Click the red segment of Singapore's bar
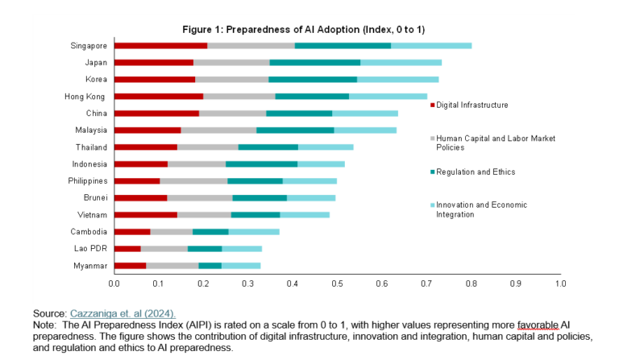160,45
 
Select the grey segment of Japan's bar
231,62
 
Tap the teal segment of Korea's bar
313,79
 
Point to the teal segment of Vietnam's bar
255,215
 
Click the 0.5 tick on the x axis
338,283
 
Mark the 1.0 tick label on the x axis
561,283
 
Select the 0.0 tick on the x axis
114,283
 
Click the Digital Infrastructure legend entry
472,106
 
